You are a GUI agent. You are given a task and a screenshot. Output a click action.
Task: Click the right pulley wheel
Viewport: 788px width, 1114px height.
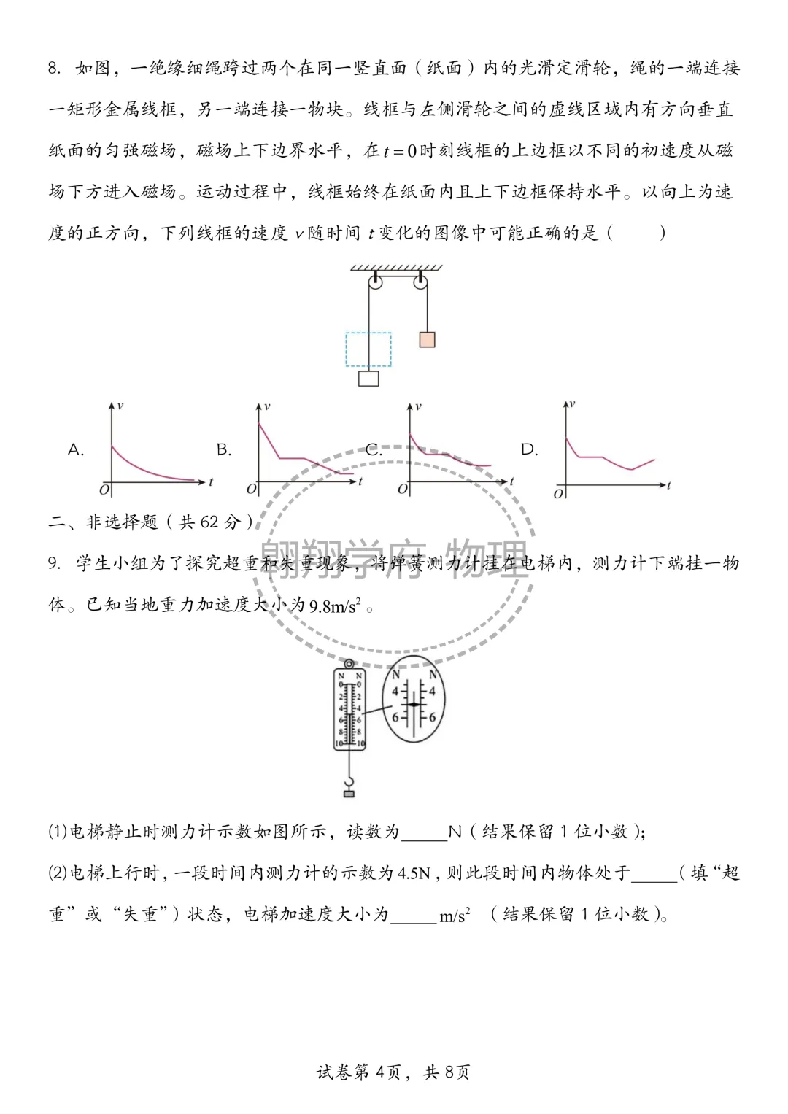click(421, 282)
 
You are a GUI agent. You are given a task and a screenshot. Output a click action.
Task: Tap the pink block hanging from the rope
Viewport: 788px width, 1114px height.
click(427, 339)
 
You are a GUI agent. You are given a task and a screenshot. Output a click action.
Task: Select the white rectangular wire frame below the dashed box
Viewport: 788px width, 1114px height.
click(368, 379)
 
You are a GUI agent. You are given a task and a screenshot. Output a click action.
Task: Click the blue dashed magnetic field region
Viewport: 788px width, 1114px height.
click(368, 349)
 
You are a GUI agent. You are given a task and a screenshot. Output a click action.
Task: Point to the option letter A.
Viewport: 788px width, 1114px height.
click(76, 450)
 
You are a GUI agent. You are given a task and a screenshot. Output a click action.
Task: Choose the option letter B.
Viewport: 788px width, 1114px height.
click(224, 450)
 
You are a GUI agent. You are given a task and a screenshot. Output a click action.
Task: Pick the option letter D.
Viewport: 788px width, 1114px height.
click(529, 450)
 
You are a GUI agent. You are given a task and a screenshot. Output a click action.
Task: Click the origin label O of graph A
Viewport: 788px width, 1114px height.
click(104, 490)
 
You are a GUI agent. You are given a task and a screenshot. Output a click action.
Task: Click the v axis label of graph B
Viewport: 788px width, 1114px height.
click(268, 406)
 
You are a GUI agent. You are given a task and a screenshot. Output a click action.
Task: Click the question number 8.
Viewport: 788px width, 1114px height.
click(54, 69)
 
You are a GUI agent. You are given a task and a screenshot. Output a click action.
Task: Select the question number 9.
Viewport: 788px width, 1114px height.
click(54, 563)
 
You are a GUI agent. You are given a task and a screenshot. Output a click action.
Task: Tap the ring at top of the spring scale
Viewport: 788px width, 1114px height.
click(349, 665)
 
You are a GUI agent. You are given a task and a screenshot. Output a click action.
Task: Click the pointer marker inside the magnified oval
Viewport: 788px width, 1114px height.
click(414, 704)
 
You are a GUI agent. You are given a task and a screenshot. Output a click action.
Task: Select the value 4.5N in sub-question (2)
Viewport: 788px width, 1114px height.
click(414, 873)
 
